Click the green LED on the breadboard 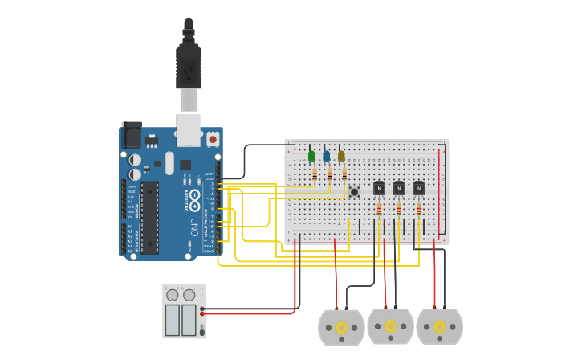click(311, 156)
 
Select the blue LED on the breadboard click(326, 156)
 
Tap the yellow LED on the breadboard click(341, 156)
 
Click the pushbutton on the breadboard click(354, 191)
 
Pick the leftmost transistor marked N click(379, 188)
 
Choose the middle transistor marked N click(399, 188)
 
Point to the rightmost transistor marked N click(418, 188)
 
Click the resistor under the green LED click(315, 174)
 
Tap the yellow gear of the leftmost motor click(341, 327)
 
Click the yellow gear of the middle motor click(390, 326)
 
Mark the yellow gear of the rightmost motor click(439, 326)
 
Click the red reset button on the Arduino click(213, 139)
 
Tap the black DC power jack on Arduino click(132, 135)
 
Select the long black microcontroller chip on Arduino click(149, 218)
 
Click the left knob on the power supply click(173, 295)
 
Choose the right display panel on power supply click(189, 320)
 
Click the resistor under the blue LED click(329, 174)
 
